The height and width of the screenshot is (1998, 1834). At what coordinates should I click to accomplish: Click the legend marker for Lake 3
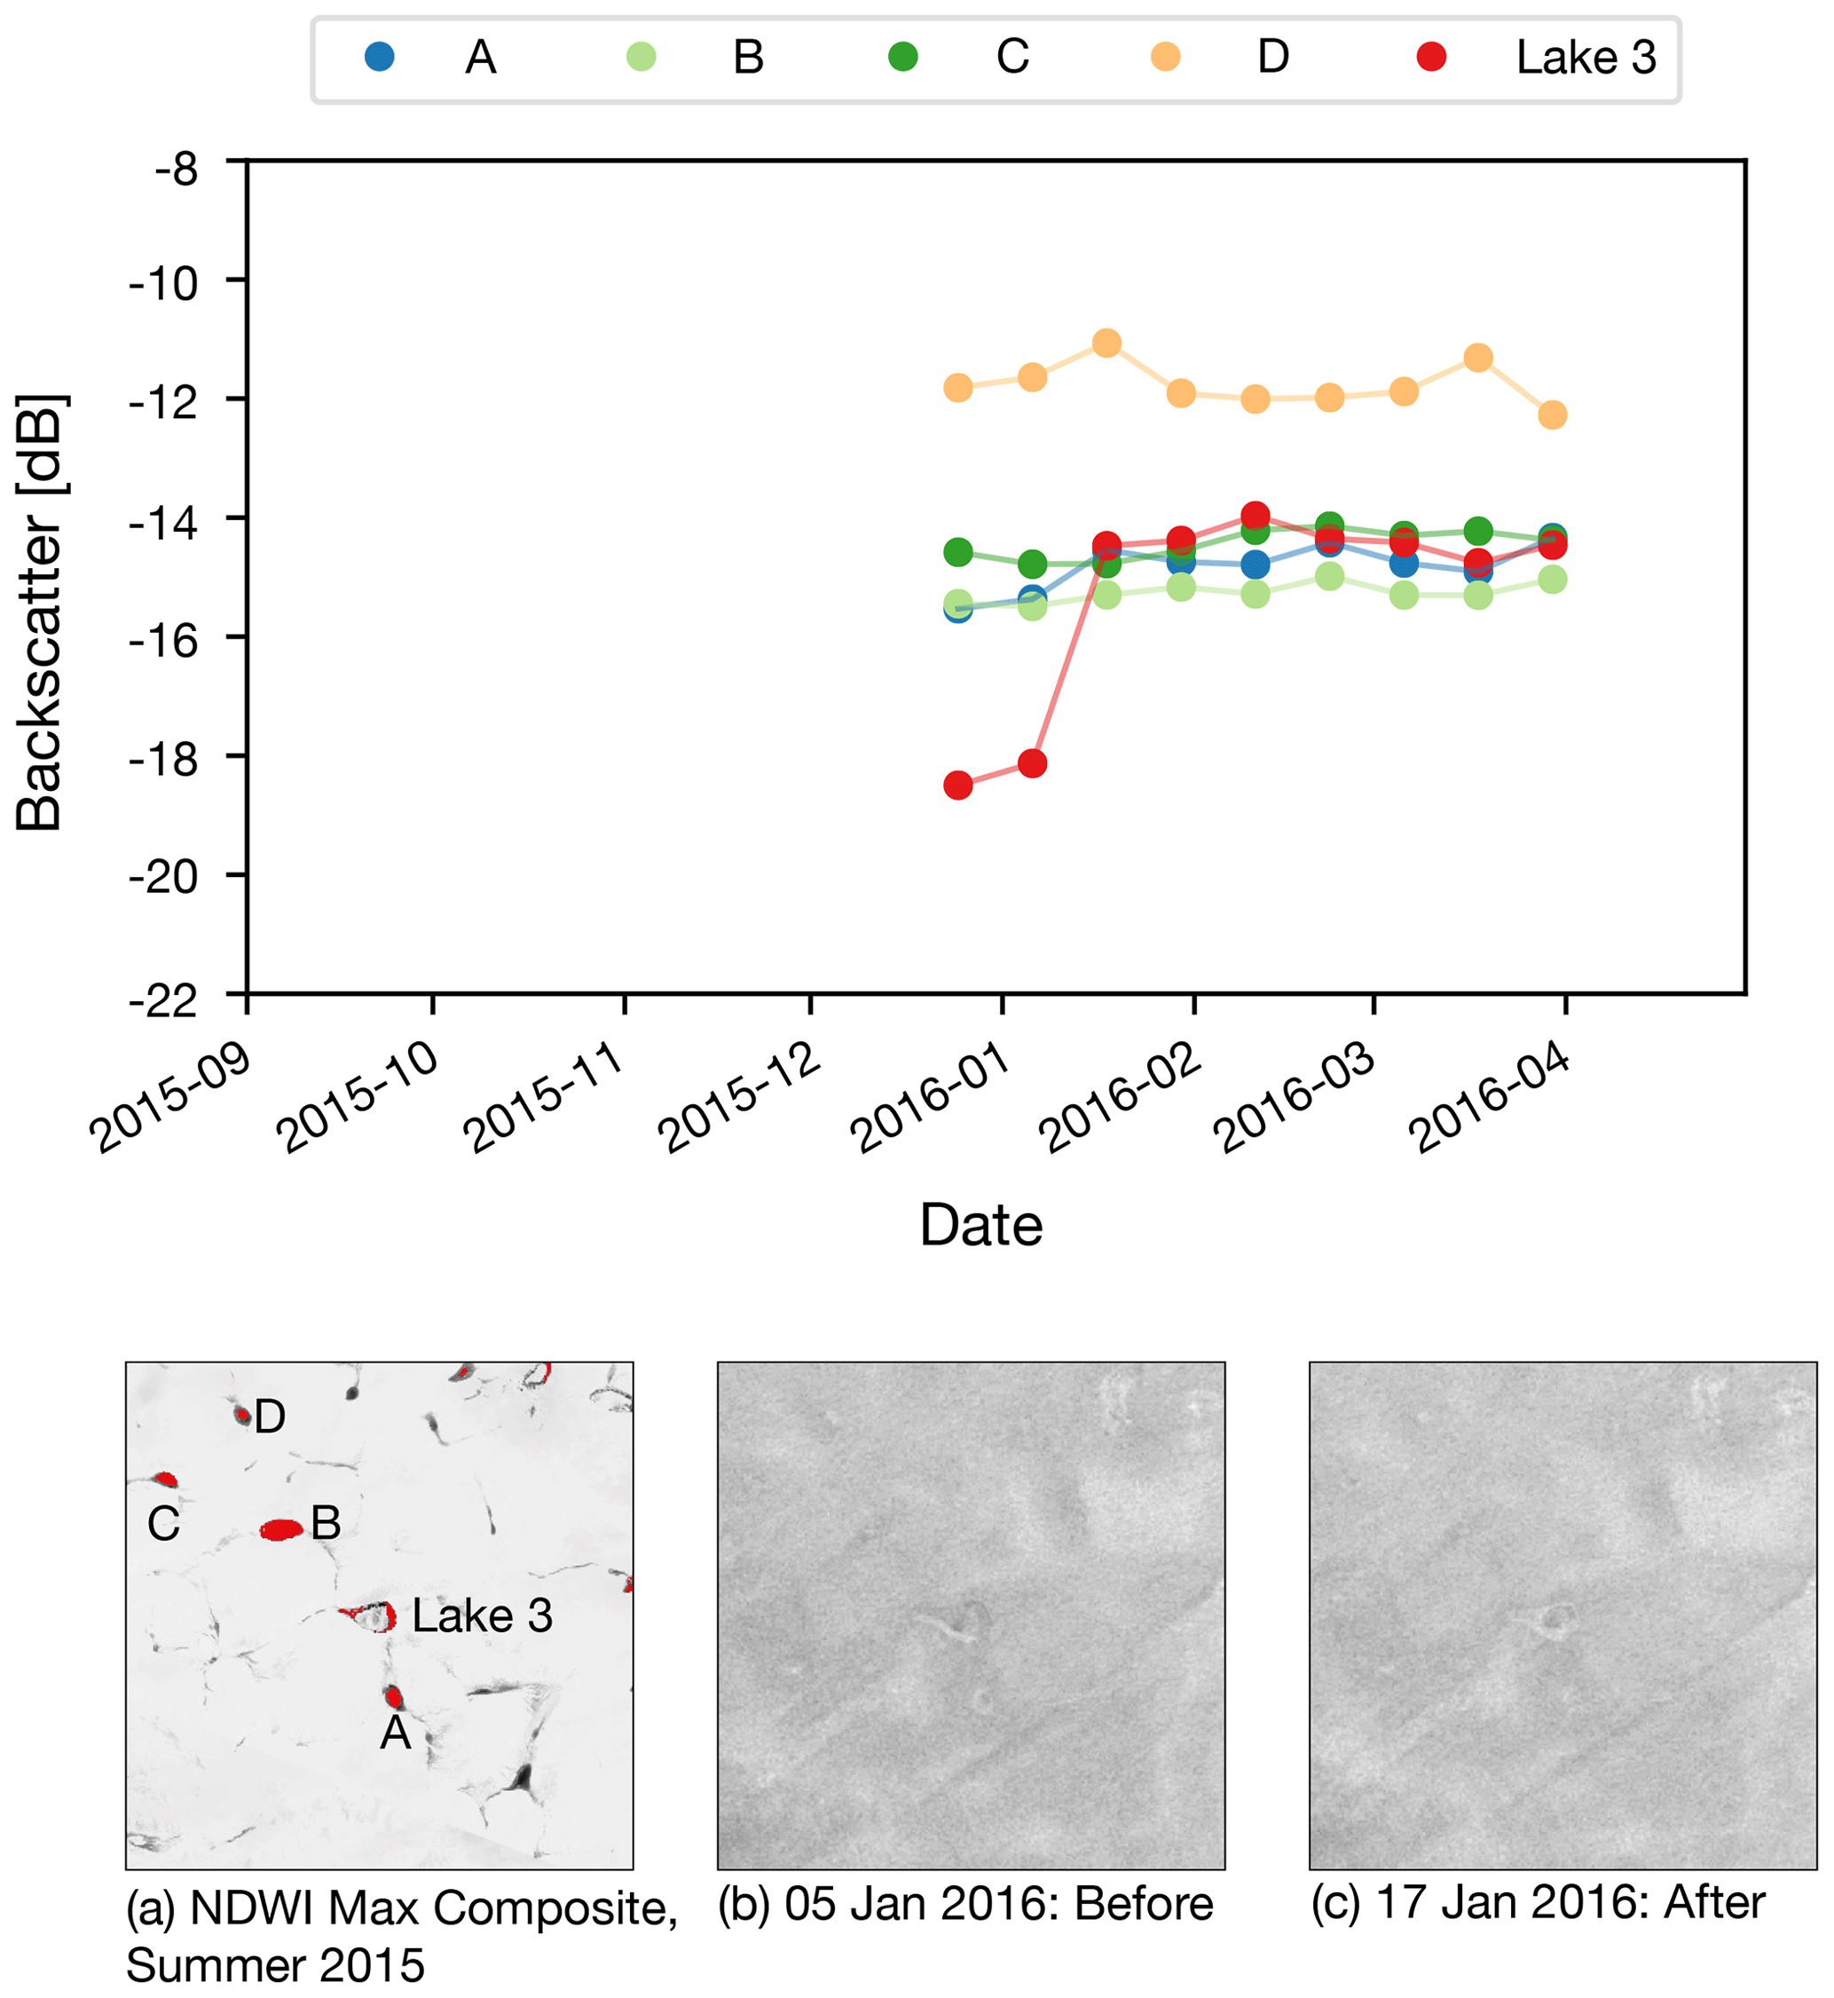pyautogui.click(x=1431, y=57)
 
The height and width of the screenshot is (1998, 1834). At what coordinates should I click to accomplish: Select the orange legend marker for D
pyautogui.click(x=1165, y=57)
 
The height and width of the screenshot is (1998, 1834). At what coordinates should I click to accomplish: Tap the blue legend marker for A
pyautogui.click(x=379, y=57)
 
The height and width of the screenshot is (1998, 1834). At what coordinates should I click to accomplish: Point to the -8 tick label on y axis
pyautogui.click(x=176, y=170)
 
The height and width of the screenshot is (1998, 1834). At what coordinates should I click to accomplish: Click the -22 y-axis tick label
pyautogui.click(x=164, y=1001)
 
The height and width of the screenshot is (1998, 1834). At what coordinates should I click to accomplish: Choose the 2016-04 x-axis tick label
pyautogui.click(x=1490, y=1100)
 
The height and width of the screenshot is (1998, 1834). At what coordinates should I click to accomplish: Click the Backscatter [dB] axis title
pyautogui.click(x=41, y=612)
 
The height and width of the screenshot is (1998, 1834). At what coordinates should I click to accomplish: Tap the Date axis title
pyautogui.click(x=981, y=1225)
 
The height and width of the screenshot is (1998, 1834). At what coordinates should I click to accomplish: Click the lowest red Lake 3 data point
pyautogui.click(x=957, y=786)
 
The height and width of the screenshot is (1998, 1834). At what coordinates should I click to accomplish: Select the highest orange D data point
pyautogui.click(x=1106, y=344)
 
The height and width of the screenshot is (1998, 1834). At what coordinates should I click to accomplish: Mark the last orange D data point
pyautogui.click(x=1553, y=415)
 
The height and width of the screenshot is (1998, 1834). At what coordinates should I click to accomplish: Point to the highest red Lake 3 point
pyautogui.click(x=1255, y=515)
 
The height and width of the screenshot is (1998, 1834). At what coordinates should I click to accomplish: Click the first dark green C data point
pyautogui.click(x=957, y=552)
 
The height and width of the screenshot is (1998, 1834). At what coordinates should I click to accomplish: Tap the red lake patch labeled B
pyautogui.click(x=281, y=1529)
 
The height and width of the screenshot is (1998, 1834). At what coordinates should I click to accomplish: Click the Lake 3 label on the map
pyautogui.click(x=483, y=1615)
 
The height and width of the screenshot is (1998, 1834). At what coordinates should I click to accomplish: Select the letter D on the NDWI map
pyautogui.click(x=270, y=1417)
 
